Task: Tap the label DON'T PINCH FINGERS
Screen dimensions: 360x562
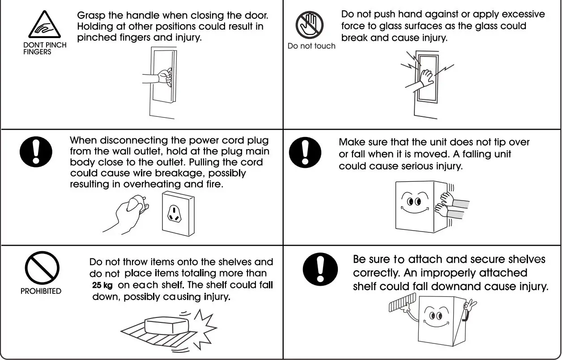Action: pos(44,48)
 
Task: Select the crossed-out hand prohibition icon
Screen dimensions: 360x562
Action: pos(309,25)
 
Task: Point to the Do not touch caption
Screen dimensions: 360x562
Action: pos(311,46)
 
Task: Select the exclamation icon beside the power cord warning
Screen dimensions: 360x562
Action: pos(36,152)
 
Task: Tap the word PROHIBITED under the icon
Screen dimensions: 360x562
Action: pos(41,291)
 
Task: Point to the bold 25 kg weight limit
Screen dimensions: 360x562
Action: pos(102,286)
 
